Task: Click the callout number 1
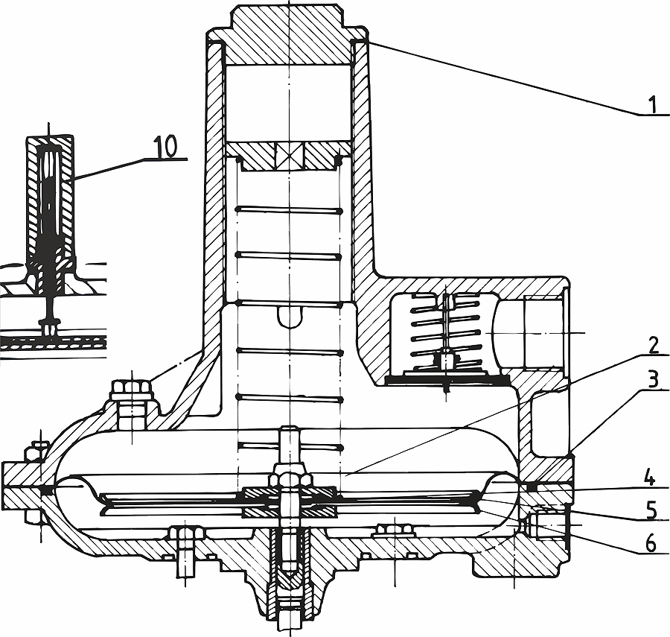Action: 651,105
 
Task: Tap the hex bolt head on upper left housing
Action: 132,389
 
